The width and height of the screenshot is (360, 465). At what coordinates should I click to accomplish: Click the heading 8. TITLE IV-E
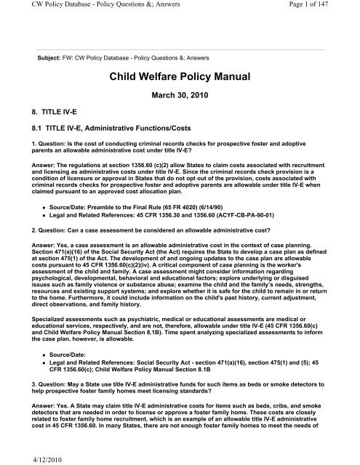pyautogui.click(x=49, y=113)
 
